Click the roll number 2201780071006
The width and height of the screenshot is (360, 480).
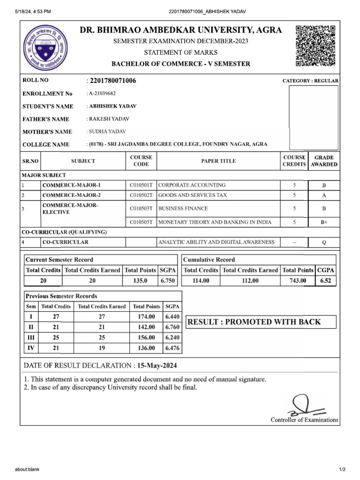click(x=112, y=81)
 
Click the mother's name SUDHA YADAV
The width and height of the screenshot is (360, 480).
click(x=107, y=132)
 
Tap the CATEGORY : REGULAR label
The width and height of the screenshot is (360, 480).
click(x=310, y=81)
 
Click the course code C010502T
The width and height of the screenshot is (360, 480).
click(x=141, y=195)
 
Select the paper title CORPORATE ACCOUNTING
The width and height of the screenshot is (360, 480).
click(x=192, y=185)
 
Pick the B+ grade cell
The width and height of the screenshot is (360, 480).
click(x=324, y=223)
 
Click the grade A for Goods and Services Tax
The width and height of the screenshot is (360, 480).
click(x=324, y=195)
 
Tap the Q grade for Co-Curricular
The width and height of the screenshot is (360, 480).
click(x=324, y=242)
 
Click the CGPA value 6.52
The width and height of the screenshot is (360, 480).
click(x=325, y=281)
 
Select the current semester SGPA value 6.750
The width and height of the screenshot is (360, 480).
click(x=167, y=281)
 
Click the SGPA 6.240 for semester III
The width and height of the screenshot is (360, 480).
click(x=172, y=337)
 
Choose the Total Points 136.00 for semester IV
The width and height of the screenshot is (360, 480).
click(x=146, y=348)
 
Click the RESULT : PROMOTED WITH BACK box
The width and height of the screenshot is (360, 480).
click(x=261, y=322)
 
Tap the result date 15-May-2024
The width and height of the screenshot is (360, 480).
click(x=157, y=365)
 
